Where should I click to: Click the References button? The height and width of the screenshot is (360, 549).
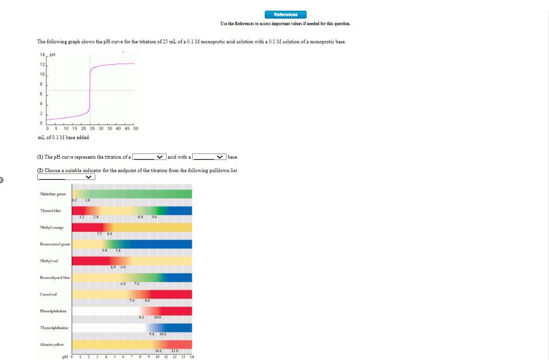(286, 14)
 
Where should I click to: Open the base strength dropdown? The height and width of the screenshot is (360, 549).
(209, 157)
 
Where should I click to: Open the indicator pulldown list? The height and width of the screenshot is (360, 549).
(66, 177)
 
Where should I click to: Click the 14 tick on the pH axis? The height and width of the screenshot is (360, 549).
(42, 55)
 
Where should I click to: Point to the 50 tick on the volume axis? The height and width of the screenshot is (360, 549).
(136, 128)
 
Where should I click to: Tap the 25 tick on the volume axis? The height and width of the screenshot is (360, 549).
(92, 128)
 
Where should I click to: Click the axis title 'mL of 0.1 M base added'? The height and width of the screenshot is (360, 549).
(63, 137)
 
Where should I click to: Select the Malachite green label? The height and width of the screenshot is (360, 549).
(53, 194)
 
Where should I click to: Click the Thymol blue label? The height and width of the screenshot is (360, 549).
(50, 211)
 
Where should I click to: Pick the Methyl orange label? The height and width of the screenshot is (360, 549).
(52, 227)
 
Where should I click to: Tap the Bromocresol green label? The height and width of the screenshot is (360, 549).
(55, 244)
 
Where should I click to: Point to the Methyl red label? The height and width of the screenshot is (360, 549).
(48, 261)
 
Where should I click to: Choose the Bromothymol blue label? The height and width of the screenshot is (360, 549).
(55, 278)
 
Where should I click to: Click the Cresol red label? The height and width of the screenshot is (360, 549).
(48, 294)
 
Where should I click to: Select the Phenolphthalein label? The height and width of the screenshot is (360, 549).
(53, 311)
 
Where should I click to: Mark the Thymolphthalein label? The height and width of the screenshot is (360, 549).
(54, 328)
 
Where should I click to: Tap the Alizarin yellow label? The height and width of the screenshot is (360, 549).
(52, 345)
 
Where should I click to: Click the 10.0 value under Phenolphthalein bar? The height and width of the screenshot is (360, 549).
(157, 317)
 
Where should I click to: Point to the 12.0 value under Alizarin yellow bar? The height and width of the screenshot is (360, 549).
(174, 351)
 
